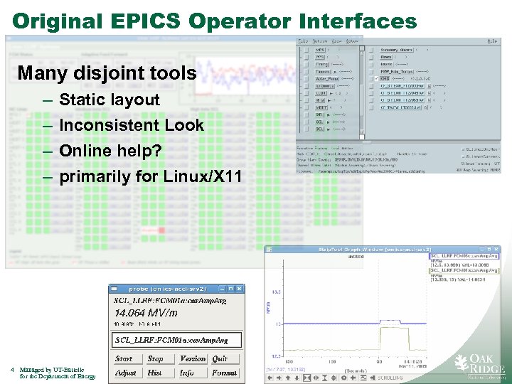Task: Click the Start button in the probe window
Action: [124, 359]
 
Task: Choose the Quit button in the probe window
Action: [220, 359]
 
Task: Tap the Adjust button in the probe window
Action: [125, 373]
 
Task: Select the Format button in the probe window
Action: [224, 373]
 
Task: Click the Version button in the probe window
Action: [192, 359]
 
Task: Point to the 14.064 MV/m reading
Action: [146, 313]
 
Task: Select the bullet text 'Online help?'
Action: [110, 151]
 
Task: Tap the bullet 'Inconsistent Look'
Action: [131, 125]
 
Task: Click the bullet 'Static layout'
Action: [110, 100]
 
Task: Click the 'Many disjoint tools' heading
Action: [106, 73]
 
